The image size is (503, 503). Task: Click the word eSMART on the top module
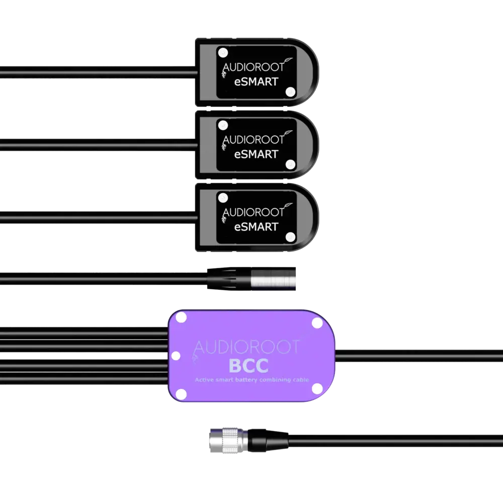coord(257,81)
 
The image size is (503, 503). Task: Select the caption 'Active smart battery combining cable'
coord(251,380)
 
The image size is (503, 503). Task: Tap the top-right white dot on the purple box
coord(317,323)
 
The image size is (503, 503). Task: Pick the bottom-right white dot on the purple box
coord(317,389)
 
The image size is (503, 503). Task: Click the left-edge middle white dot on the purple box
coord(176,356)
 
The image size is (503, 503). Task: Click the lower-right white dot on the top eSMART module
coord(290,92)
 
